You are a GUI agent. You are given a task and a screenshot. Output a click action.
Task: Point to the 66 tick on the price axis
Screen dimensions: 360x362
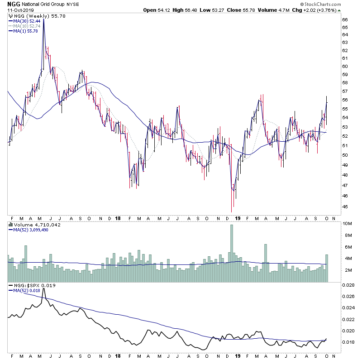[x=345, y=20]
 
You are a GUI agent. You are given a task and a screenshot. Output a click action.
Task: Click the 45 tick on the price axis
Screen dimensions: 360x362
[x=345, y=207]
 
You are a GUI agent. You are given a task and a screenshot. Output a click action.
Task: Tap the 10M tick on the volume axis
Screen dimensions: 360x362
[x=347, y=224]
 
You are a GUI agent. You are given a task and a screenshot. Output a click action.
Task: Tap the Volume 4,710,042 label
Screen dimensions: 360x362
[x=33, y=224]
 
